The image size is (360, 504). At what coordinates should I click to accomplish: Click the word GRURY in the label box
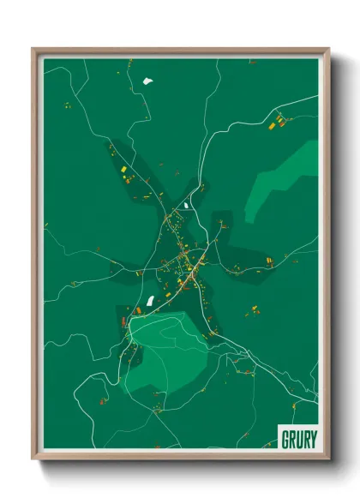point(298,440)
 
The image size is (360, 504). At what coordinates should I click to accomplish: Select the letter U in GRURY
point(298,440)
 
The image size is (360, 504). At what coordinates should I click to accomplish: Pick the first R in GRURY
point(292,440)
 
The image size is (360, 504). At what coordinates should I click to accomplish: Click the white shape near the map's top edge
point(147,82)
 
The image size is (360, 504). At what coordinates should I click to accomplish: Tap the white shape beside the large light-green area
point(151,301)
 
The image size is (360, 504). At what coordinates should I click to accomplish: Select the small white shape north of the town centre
point(187,205)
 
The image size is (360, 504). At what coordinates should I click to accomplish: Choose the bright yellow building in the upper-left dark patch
point(123,171)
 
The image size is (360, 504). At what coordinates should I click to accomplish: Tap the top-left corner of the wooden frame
point(34,50)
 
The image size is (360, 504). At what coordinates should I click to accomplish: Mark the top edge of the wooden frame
point(180,51)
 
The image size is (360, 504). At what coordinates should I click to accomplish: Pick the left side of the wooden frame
point(36,257)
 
